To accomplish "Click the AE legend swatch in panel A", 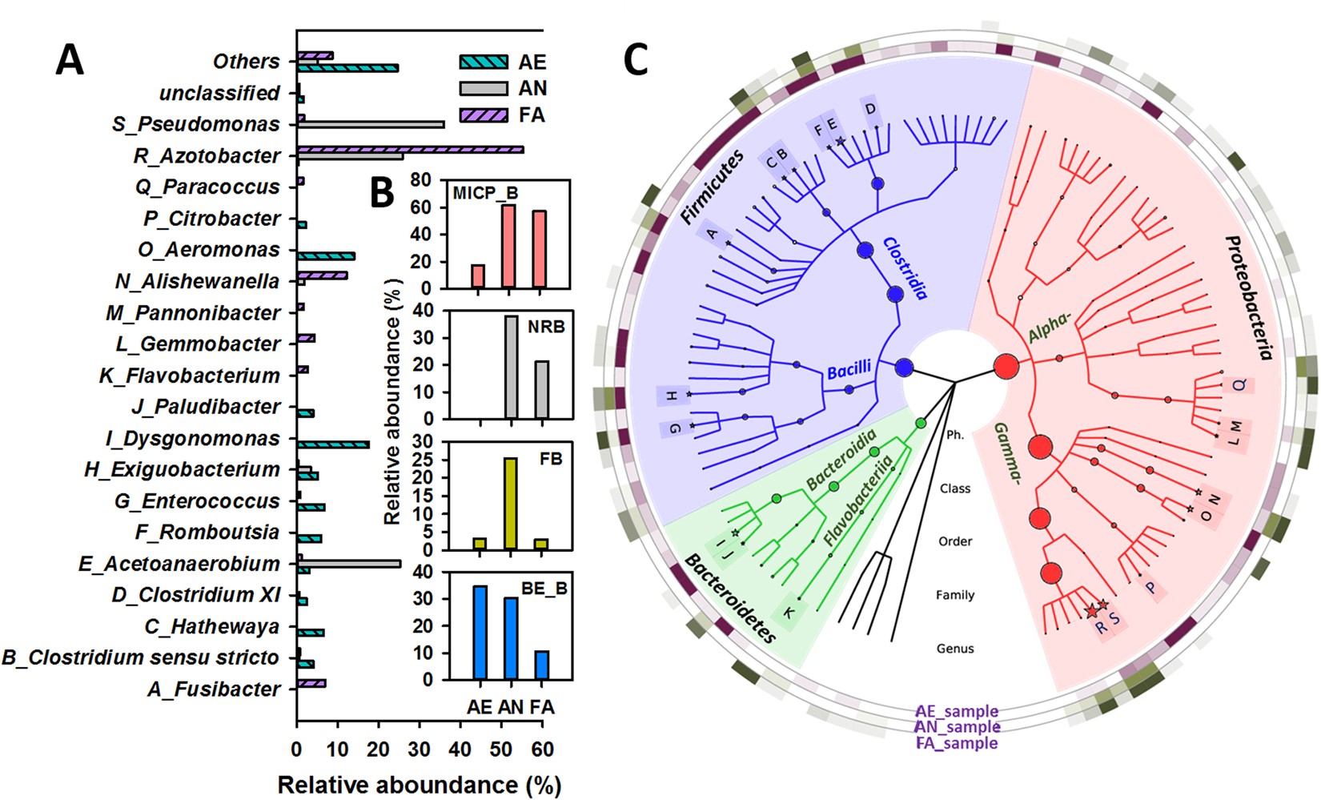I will click(483, 62).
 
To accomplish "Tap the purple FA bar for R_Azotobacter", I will click(410, 149).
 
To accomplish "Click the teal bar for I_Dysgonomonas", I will click(333, 444).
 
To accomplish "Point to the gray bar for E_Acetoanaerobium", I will click(349, 564).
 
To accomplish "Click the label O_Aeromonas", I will click(209, 250).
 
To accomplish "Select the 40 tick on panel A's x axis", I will click(460, 750).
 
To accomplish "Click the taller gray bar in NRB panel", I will click(511, 367).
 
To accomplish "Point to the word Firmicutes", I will click(712, 187).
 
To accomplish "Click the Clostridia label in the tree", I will click(905, 267).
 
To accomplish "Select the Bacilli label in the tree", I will click(849, 370).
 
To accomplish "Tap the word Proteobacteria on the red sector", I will click(1249, 297).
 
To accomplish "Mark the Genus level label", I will click(955, 649).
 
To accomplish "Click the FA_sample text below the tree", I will click(957, 743).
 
